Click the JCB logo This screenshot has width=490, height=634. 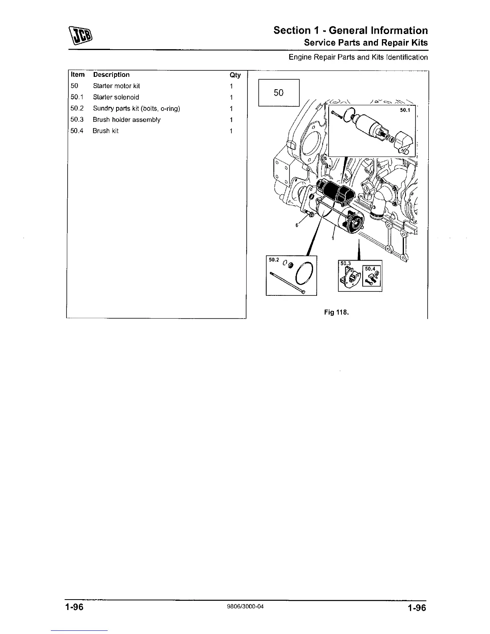tap(81, 35)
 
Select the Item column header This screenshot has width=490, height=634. tap(78, 75)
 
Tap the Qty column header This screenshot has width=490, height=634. tap(235, 75)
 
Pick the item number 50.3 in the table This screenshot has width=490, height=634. tap(77, 120)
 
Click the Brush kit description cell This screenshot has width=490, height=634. tap(106, 131)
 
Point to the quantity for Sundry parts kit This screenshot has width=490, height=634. tap(231, 108)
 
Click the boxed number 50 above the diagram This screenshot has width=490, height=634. tap(279, 93)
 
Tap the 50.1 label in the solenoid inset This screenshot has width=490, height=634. tap(405, 110)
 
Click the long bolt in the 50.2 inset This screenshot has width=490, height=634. tap(287, 283)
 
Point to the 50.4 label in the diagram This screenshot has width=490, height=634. tap(370, 269)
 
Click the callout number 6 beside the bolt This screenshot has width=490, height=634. tap(297, 225)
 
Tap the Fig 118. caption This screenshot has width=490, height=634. tap(337, 312)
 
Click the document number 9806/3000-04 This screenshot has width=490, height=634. tap(245, 606)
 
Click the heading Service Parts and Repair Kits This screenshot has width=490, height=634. tap(365, 43)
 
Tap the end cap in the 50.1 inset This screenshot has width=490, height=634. tap(404, 142)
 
